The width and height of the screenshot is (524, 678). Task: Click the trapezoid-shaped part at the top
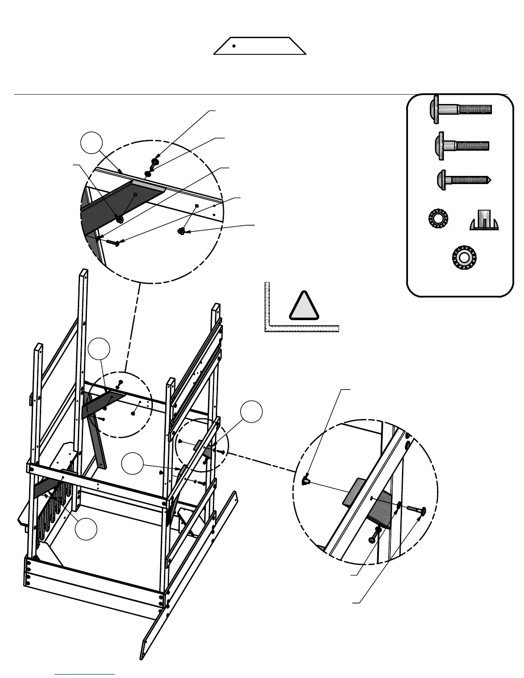coord(260,46)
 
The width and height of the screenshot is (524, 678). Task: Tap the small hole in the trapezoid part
coord(234,46)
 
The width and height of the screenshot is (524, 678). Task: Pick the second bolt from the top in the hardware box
coord(461,146)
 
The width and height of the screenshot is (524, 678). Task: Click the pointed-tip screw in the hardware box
coord(463,179)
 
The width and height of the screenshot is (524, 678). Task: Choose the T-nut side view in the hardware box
coord(484,220)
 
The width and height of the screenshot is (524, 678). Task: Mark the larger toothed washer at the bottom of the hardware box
coord(464,257)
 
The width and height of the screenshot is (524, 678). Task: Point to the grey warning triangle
coord(304,307)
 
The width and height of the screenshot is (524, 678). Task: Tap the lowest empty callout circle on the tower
coord(86,529)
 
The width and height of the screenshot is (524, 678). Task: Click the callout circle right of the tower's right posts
coord(251,412)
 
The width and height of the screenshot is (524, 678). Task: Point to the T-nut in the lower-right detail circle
coord(306,481)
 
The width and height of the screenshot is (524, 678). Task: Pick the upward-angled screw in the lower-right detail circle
coord(376,535)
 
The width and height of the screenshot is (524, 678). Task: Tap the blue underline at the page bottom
coord(85,675)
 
